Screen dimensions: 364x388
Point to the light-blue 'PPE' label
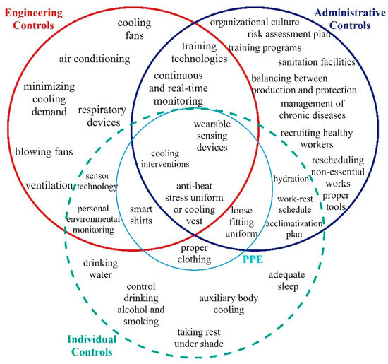point(255,259)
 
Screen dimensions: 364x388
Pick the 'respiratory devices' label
point(101,116)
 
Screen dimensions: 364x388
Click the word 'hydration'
point(291,179)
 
